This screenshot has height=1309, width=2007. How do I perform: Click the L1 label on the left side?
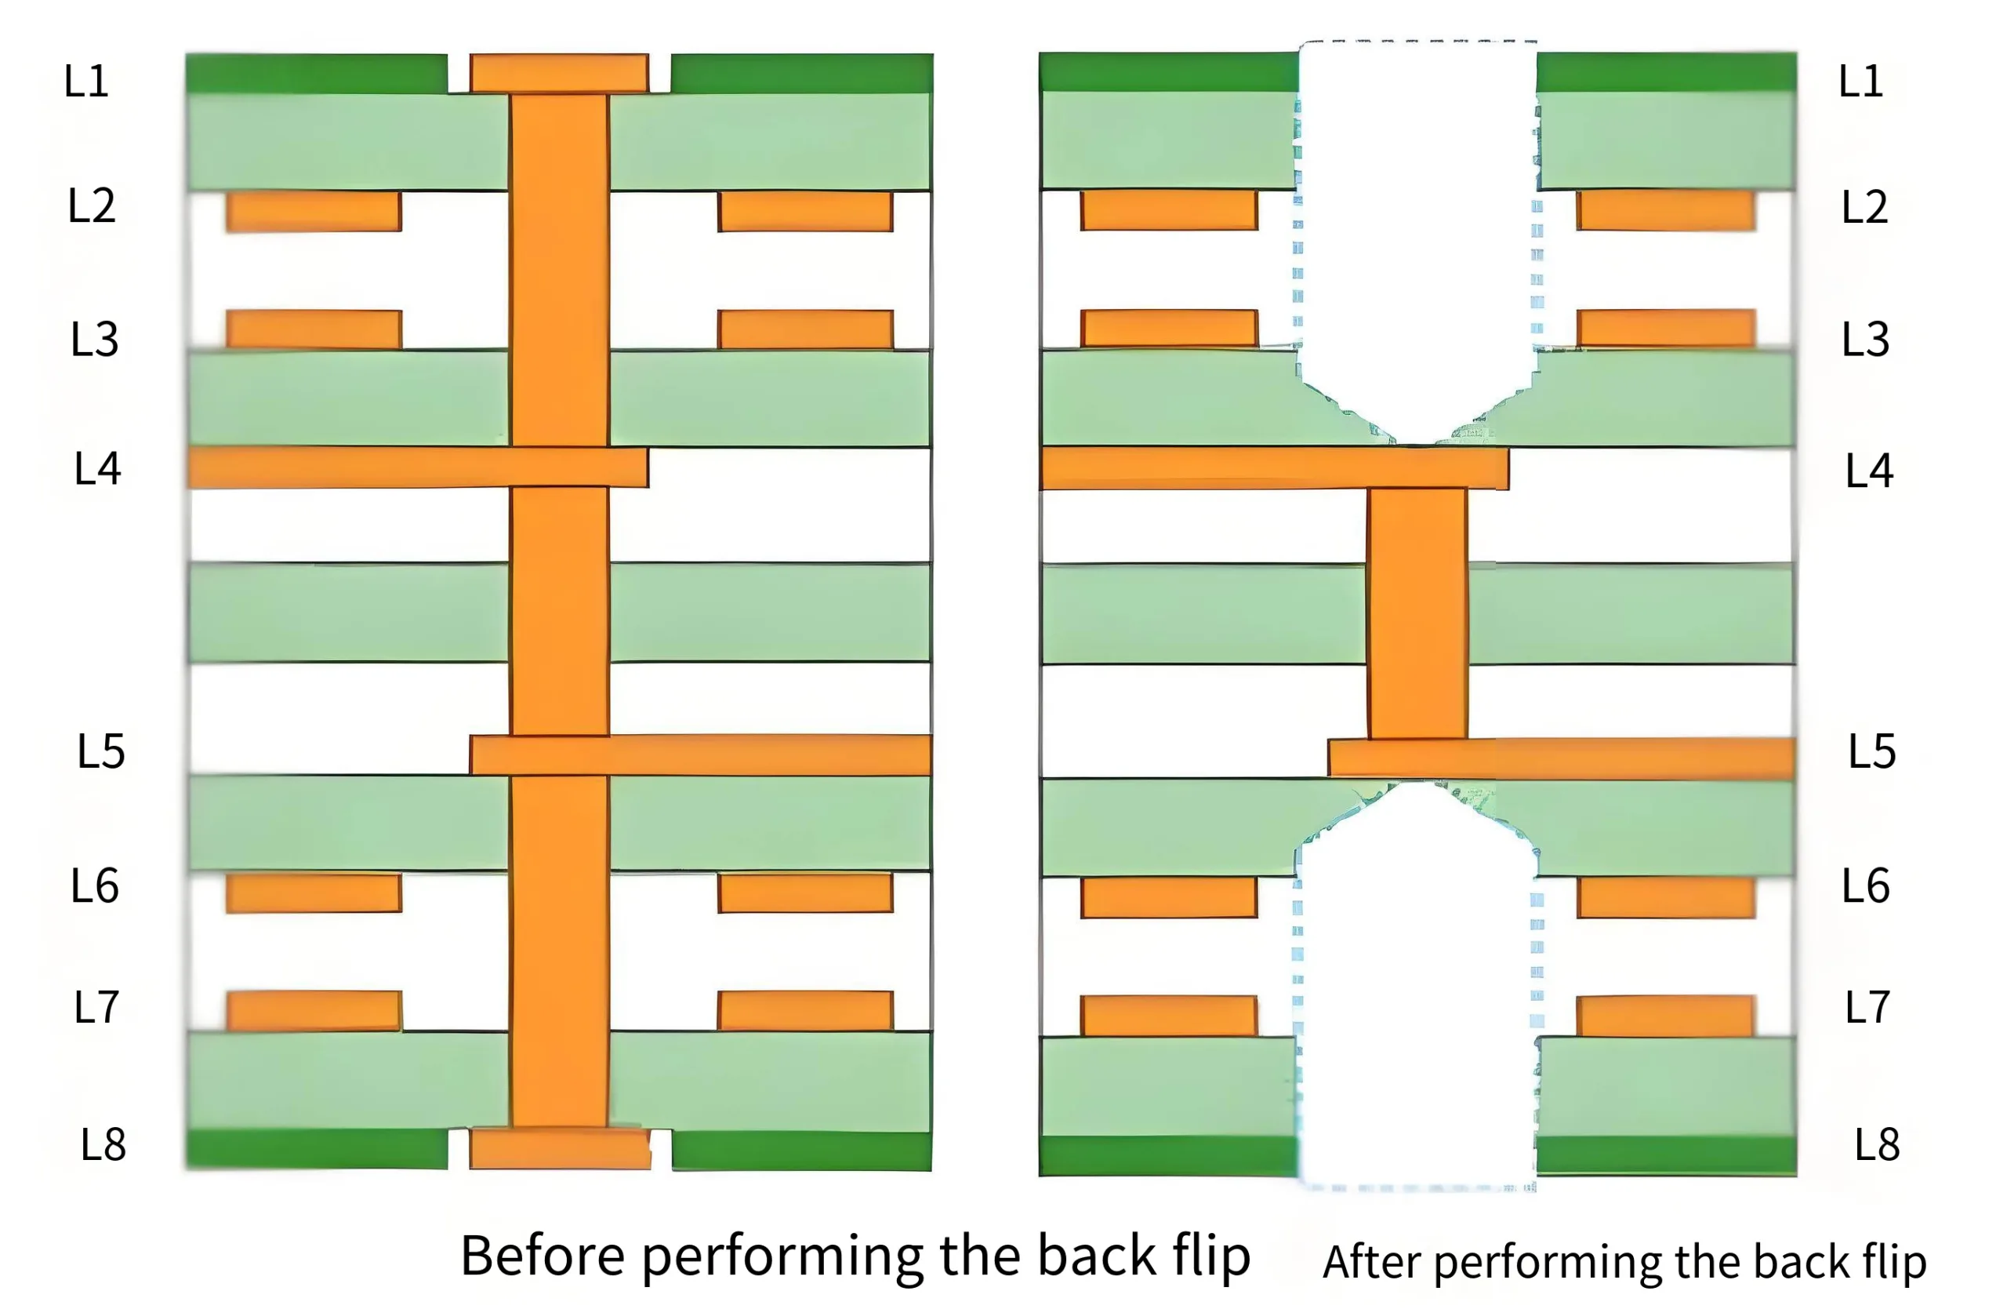point(87,81)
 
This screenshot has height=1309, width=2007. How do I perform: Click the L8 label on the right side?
point(1877,1144)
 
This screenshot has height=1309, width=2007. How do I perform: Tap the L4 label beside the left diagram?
point(98,469)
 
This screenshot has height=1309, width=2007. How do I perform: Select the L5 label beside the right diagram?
point(1872,751)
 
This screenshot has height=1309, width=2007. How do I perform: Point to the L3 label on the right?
point(1865,339)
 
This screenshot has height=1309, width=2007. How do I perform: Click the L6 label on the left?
point(94,886)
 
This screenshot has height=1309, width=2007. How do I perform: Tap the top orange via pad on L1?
point(559,74)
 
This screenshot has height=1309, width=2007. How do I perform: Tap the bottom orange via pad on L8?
point(560,1149)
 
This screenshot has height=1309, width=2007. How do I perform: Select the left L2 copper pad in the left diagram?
point(314,211)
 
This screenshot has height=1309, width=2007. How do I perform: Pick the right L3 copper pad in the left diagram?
point(805,329)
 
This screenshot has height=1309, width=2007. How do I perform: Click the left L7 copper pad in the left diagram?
point(314,1010)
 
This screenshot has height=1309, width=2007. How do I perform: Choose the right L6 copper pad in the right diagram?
point(1666,897)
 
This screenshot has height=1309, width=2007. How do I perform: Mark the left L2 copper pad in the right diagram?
point(1169,210)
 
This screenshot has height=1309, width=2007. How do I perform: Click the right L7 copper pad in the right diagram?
point(1666,1016)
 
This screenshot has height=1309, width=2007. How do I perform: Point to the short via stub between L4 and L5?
point(1417,613)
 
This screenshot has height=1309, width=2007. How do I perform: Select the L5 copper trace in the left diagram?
point(700,754)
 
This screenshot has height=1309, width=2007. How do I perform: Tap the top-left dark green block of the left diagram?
point(316,74)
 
